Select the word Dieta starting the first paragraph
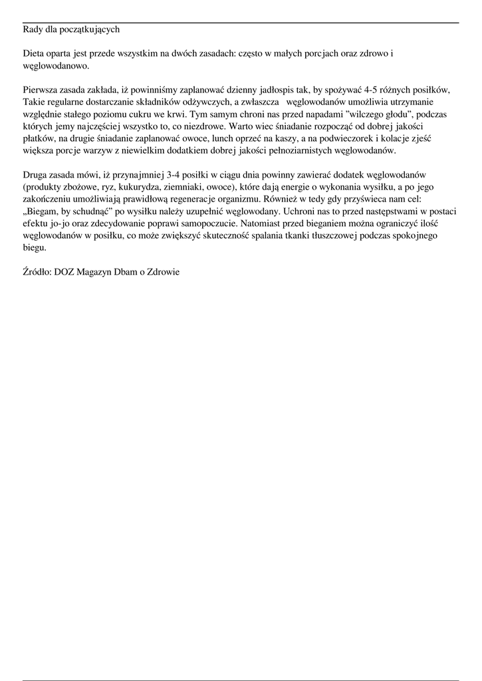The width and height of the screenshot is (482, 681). pos(34,53)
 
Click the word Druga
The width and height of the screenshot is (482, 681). pos(37,174)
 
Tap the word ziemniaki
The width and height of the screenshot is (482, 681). pos(187,187)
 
